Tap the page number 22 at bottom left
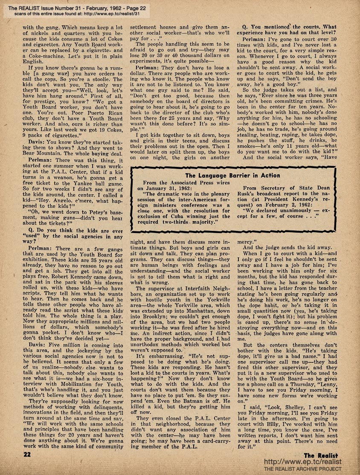[x=27, y=455]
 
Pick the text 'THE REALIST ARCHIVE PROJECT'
[x=303, y=469]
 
